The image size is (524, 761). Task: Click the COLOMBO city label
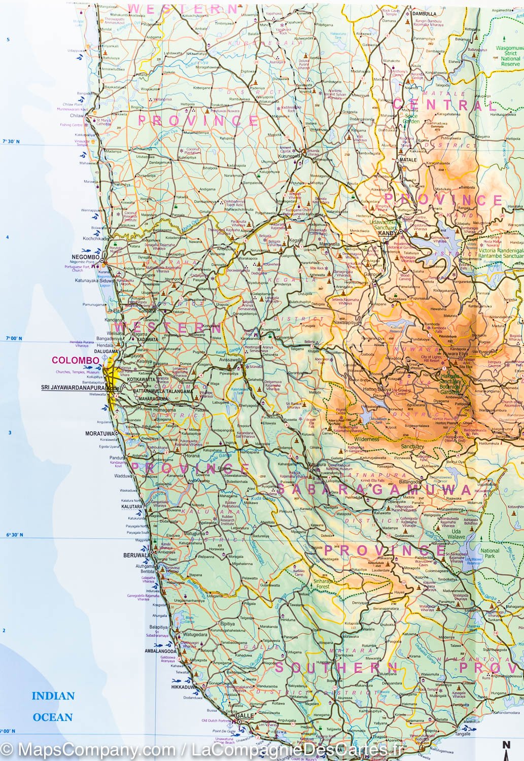pyautogui.click(x=75, y=360)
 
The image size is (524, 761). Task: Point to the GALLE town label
pyautogui.click(x=244, y=715)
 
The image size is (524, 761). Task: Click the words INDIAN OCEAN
pyautogui.click(x=53, y=706)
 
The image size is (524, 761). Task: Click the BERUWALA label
pyautogui.click(x=136, y=555)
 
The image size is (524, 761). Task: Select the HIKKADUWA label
pyautogui.click(x=184, y=687)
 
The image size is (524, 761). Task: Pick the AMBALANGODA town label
pyautogui.click(x=160, y=651)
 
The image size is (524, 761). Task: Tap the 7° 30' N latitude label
pyautogui.click(x=12, y=142)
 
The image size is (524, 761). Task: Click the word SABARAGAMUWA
pyautogui.click(x=374, y=489)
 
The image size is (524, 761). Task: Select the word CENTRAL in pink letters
pyautogui.click(x=445, y=106)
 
